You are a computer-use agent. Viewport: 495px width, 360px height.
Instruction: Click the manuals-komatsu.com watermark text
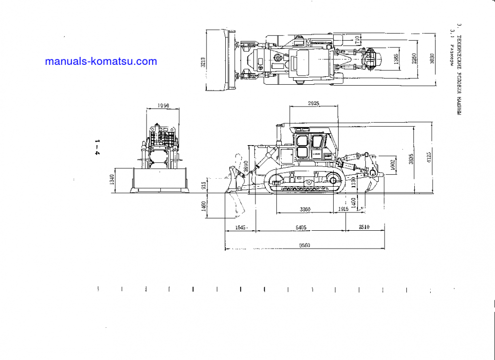tap(100, 62)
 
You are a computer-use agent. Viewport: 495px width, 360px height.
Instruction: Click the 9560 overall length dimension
tap(304, 245)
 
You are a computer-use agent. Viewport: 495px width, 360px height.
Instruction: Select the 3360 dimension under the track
tap(305, 209)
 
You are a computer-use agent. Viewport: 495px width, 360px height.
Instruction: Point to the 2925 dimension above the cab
tap(313, 103)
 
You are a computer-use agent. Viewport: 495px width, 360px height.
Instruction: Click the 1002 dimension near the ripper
tap(392, 163)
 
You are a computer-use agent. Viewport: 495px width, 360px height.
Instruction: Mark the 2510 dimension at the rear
tap(364, 227)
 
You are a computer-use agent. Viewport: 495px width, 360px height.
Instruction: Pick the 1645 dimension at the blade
tap(240, 227)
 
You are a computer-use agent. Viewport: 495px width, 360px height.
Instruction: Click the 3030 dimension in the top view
tap(432, 59)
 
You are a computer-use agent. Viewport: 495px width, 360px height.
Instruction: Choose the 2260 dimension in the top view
tap(414, 59)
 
